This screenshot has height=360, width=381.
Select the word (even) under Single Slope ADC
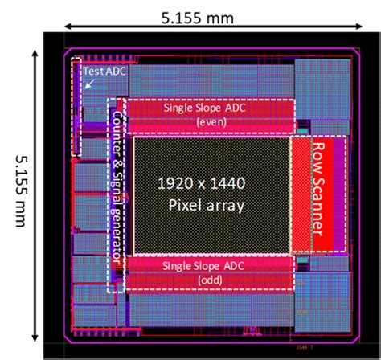(204, 121)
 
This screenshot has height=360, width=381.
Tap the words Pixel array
(206, 206)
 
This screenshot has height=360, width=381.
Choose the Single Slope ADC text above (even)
(204, 108)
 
